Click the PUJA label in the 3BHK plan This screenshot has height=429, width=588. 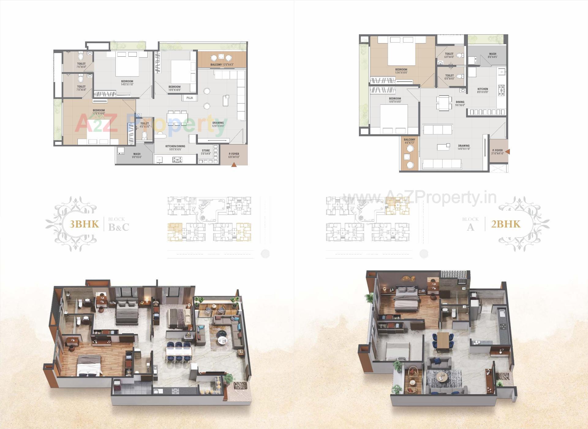coord(190,98)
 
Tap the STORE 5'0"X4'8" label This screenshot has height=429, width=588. coord(206,152)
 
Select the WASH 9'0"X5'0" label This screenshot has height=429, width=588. coord(137,156)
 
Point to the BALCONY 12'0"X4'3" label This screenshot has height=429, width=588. coord(222,65)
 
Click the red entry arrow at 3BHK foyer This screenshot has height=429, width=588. coord(234,165)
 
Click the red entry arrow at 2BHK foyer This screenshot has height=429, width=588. coord(507,152)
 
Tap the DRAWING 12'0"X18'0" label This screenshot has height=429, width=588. coord(218,124)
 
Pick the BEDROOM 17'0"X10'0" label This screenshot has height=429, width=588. coord(99,112)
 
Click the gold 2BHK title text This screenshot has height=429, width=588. coord(506,224)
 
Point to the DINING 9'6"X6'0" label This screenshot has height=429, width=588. coord(460,103)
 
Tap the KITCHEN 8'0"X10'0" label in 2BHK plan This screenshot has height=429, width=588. coord(483,91)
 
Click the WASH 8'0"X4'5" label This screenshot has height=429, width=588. coord(492,55)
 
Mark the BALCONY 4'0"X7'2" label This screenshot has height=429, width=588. coord(409,141)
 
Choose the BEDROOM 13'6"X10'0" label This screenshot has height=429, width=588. coord(401,71)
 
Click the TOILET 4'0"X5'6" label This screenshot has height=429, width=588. coord(145,125)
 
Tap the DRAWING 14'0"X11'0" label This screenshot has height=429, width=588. coord(464,147)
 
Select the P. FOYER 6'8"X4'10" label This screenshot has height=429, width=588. coord(234,156)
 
